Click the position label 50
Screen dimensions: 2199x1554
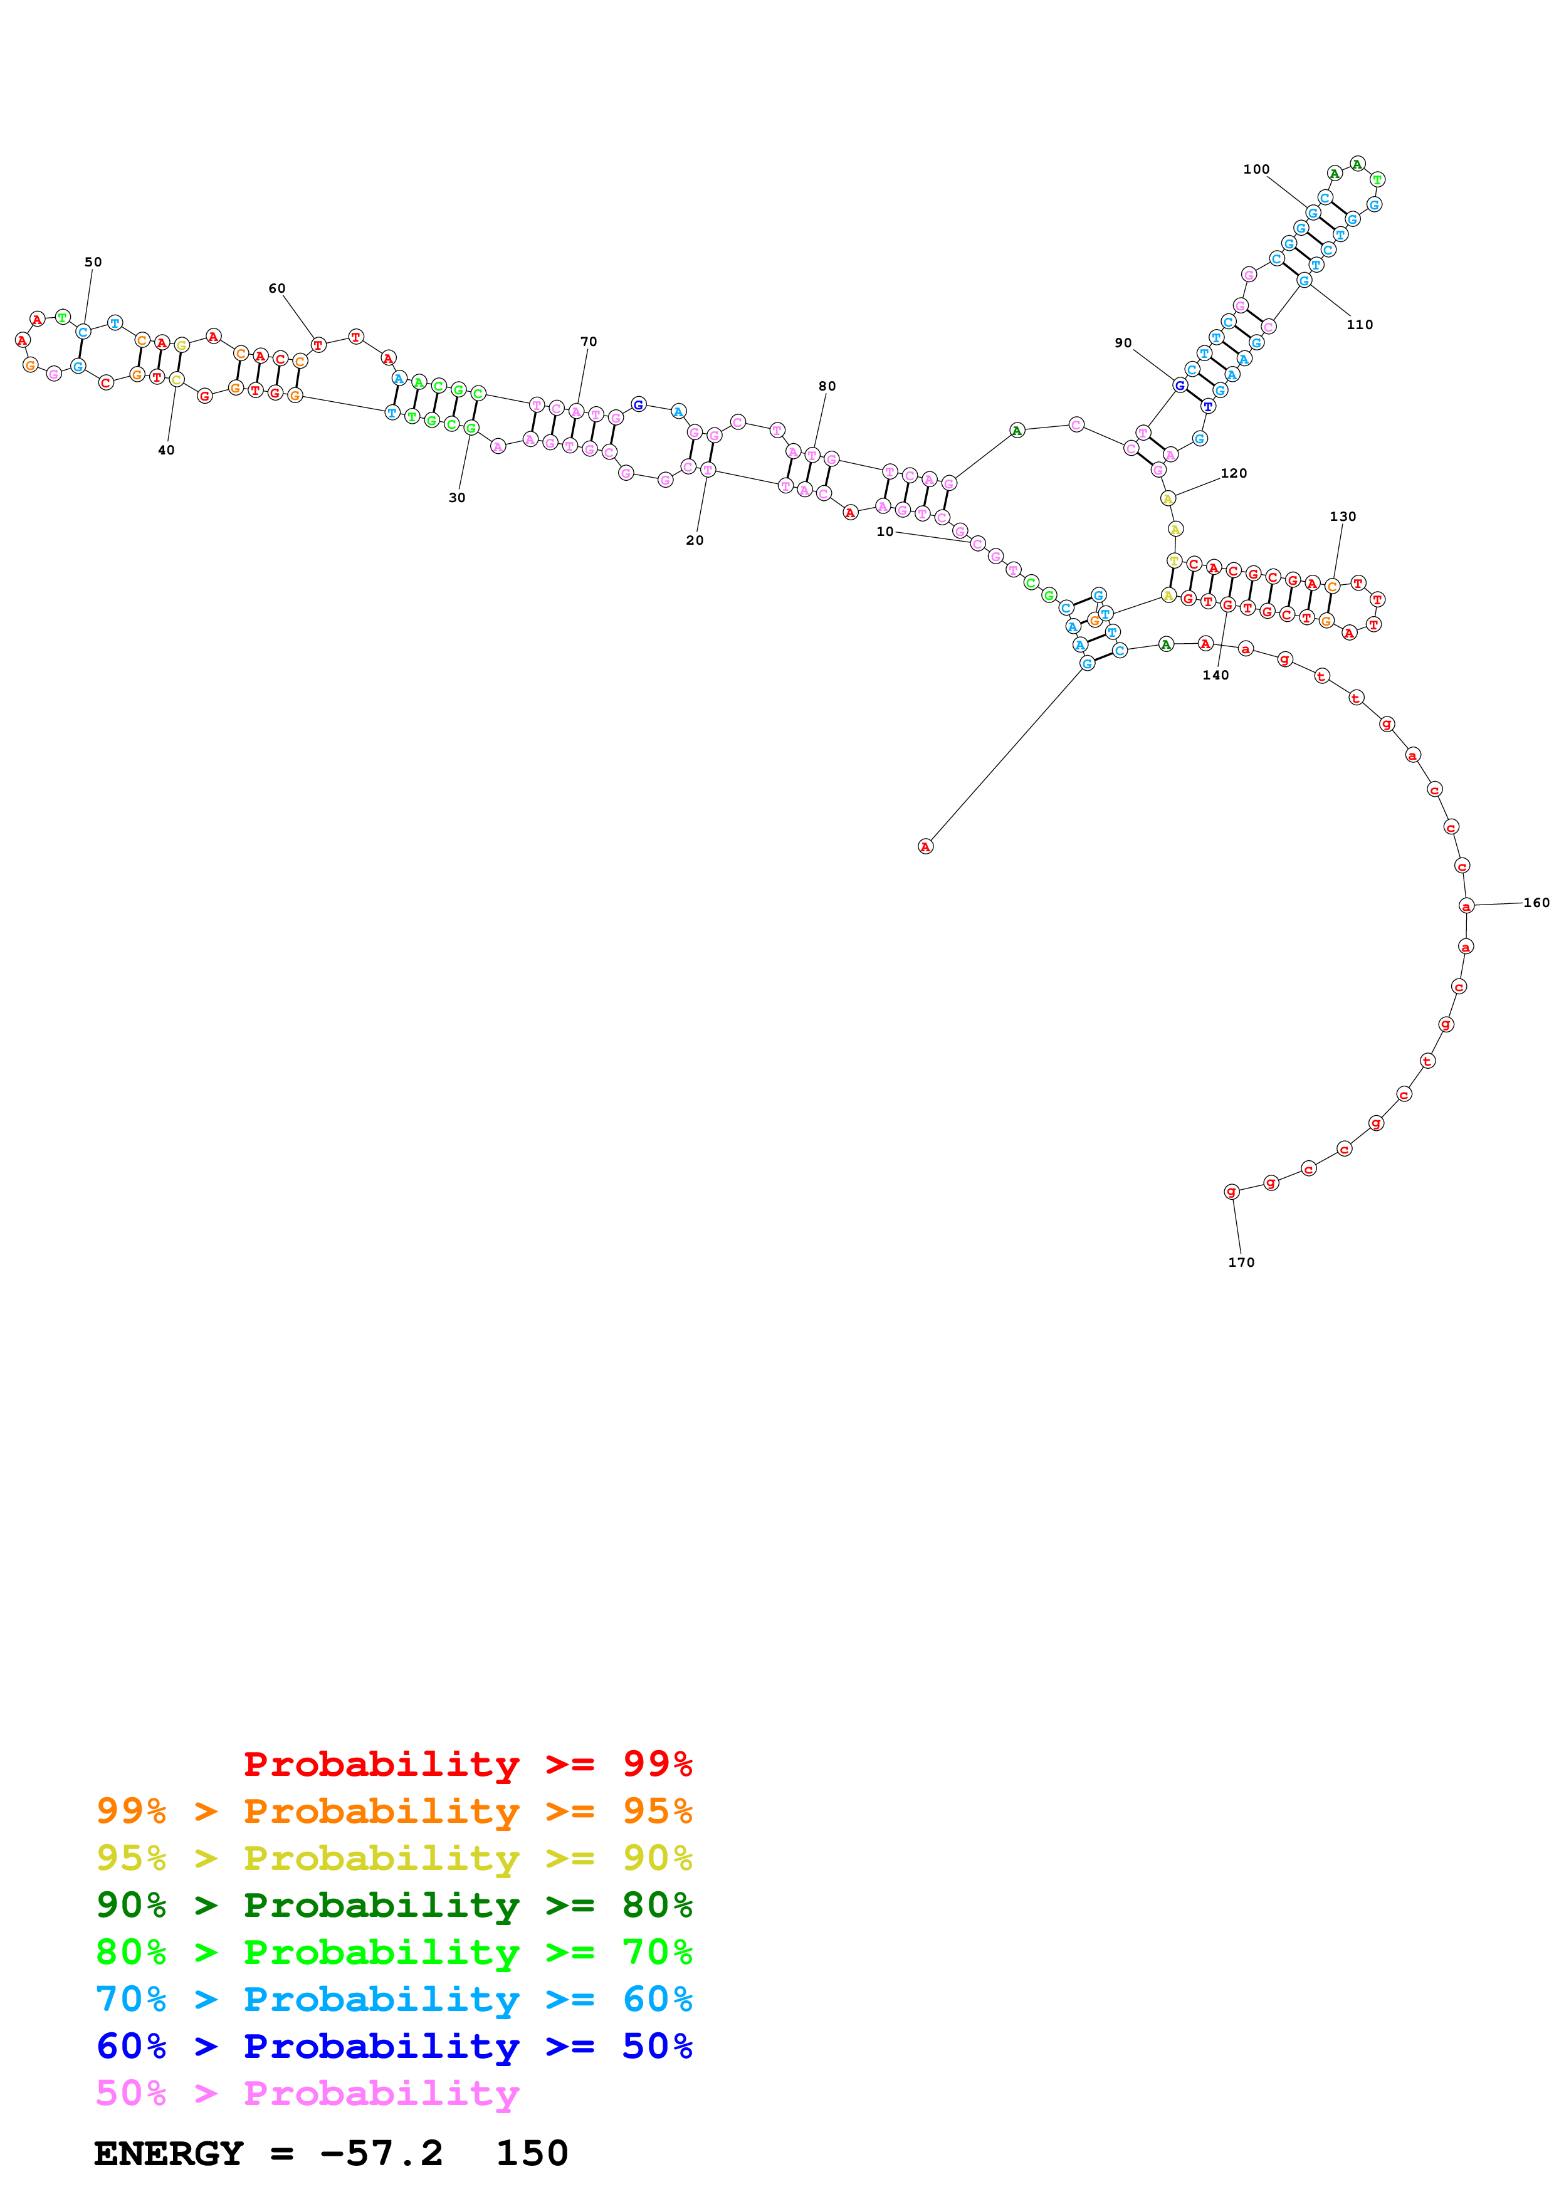coord(93,261)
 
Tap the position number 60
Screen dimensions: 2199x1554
coord(276,288)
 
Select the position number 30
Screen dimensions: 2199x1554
coord(458,498)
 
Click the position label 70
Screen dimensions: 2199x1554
coord(589,342)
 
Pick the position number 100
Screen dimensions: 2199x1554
coord(1256,169)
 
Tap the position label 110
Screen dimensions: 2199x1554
coord(1360,325)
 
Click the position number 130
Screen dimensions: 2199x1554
coord(1342,517)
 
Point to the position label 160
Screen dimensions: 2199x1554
coord(1536,902)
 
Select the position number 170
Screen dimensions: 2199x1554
coord(1241,1262)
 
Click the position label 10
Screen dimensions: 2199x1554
coord(885,532)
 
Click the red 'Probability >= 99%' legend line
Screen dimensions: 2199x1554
coord(467,1763)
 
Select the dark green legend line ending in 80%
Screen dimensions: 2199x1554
coord(394,1905)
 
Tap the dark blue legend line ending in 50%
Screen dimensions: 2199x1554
coord(394,2046)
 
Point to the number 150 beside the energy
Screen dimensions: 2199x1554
coord(532,2154)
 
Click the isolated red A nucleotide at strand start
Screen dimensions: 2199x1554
coord(925,847)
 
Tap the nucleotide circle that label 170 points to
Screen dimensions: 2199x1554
coord(1231,1192)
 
